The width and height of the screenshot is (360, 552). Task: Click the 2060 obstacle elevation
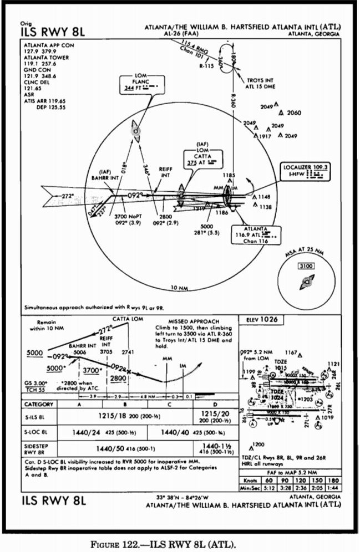[294, 113]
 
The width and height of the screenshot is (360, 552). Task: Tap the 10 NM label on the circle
[179, 289]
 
